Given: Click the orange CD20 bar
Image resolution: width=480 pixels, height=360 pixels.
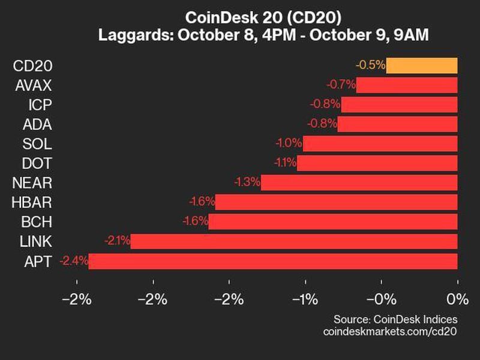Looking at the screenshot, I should point(422,65).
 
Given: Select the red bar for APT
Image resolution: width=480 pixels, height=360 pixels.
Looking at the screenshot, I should point(273,261).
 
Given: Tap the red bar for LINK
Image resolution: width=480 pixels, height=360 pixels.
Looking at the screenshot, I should point(294,242).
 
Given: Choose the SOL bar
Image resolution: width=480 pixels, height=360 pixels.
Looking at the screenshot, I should point(380,144).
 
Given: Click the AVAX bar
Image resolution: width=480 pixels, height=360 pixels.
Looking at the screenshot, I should point(407,85).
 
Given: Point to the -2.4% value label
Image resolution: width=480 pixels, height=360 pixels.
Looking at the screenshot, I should point(74,261).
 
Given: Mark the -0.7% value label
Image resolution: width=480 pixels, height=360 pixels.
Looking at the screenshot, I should point(341,85).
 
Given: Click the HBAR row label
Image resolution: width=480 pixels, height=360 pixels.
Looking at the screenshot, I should point(31,203).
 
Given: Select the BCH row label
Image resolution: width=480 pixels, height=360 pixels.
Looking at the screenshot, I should point(35,222).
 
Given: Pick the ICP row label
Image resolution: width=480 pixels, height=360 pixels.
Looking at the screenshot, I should point(40,105).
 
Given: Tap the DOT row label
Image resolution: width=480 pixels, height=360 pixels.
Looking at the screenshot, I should point(37,163).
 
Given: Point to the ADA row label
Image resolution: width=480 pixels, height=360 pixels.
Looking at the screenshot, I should point(37,125).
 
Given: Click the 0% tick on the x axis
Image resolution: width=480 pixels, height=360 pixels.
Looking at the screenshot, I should point(457,299).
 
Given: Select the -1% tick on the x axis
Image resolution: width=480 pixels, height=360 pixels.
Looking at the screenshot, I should point(305,299).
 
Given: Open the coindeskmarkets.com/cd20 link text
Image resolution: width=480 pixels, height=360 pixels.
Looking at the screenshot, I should point(390,331).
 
